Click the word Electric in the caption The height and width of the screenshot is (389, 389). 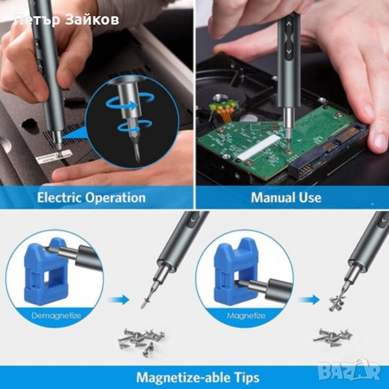[59, 198]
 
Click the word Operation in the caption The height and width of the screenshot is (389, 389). [115, 198]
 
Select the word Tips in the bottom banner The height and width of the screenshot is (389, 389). [246, 377]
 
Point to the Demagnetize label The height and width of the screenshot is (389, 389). [56, 316]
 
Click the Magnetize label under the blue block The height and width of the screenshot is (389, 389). [246, 316]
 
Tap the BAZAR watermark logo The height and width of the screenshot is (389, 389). [349, 371]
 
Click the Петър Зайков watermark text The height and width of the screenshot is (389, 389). [67, 20]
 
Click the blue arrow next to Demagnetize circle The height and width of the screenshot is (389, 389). [119, 300]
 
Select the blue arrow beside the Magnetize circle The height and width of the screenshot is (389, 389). [309, 300]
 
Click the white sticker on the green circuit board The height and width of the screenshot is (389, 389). [258, 147]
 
